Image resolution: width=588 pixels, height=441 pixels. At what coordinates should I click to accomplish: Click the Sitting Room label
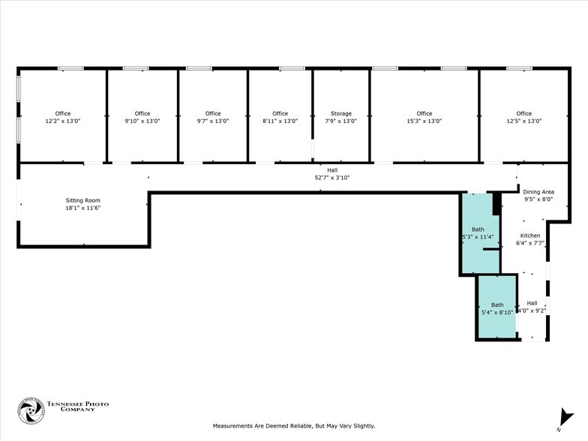coord(82,200)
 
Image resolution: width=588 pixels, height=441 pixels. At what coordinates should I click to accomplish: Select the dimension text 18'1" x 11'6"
coord(82,208)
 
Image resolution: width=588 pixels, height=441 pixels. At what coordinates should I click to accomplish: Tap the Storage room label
coord(341,113)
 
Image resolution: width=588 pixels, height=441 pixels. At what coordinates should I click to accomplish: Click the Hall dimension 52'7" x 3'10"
coord(331,178)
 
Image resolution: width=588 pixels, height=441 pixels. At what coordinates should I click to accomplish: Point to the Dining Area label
coord(538,192)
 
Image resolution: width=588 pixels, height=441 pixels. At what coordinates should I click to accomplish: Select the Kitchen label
coord(530,235)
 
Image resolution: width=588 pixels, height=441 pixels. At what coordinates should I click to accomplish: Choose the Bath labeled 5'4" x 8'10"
coord(497,308)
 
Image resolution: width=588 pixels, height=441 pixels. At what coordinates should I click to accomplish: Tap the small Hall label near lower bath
coord(532,303)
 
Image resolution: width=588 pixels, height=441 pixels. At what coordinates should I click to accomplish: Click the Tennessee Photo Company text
coord(78,406)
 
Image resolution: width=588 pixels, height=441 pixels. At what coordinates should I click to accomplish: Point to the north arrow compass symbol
coord(563,418)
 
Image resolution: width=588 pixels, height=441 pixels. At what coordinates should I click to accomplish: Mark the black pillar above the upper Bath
coord(496,202)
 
